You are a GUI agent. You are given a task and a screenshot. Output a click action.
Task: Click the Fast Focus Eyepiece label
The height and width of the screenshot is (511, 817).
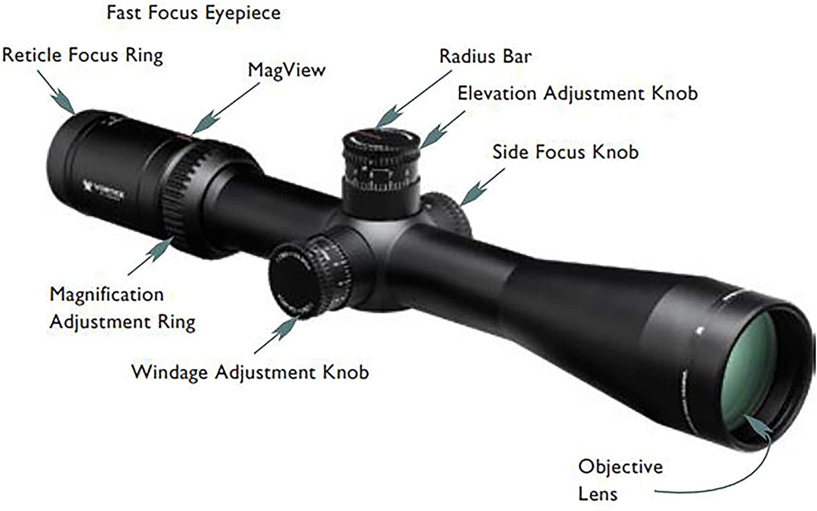[x=193, y=13]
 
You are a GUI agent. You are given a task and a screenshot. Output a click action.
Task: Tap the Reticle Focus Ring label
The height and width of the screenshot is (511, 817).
[x=82, y=56]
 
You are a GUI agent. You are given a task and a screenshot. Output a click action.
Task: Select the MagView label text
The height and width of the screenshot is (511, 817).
[x=287, y=70]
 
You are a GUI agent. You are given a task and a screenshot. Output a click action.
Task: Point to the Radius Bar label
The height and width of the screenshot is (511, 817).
[x=485, y=56]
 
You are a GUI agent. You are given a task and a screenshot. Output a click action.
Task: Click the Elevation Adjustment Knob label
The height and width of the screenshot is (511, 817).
[x=578, y=93]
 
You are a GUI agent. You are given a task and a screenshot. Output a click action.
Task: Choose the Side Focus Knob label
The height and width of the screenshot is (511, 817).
[x=565, y=152]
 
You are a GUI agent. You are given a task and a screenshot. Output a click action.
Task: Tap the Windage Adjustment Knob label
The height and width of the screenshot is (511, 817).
[x=250, y=372]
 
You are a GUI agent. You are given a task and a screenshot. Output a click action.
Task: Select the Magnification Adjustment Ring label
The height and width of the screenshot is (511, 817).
[x=122, y=308]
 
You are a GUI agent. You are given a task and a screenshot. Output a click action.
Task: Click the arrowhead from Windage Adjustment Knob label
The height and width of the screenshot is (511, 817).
[x=285, y=327]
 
